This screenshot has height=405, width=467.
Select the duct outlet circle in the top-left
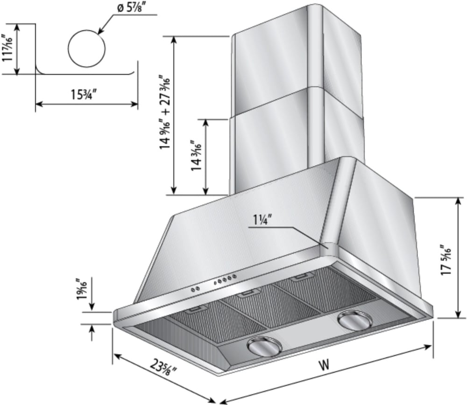(x=87, y=49)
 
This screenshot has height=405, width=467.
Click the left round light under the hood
(x=264, y=346)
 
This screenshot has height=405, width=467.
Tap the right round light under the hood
(x=355, y=320)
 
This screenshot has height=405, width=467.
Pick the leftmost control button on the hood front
(x=193, y=290)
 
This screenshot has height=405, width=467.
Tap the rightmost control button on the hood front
(x=234, y=276)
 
